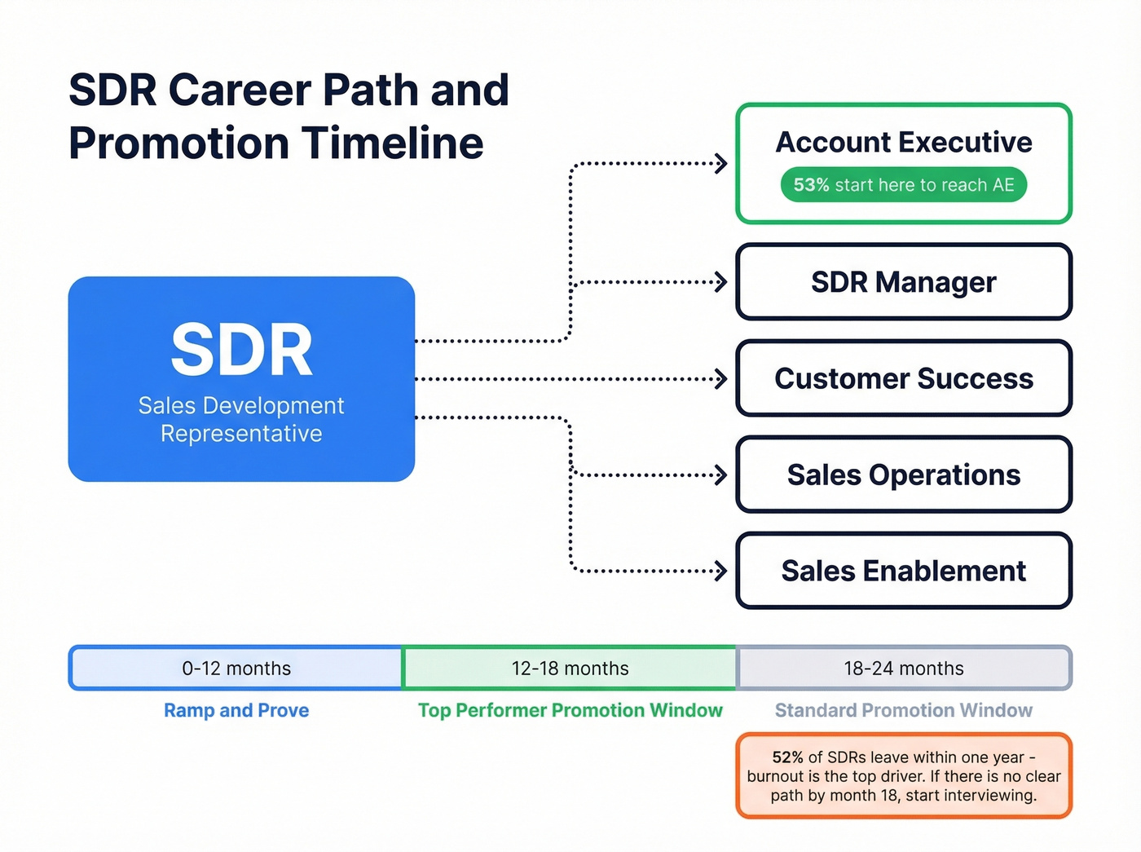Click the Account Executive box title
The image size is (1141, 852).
903,143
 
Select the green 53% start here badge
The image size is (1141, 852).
903,185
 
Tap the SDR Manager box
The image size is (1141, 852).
903,282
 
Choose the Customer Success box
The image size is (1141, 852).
903,378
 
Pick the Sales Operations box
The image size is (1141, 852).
903,475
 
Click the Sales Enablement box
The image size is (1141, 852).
903,571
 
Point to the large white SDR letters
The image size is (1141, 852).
241,351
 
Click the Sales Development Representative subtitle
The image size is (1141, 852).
241,419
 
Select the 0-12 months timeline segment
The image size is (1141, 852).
236,669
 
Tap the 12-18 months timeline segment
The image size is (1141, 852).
570,669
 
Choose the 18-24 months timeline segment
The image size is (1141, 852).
903,669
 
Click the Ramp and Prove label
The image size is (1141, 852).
236,710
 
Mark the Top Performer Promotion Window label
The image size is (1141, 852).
570,710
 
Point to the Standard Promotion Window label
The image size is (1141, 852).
903,710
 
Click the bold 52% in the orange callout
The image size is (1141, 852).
787,757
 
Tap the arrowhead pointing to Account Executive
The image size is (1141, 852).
720,164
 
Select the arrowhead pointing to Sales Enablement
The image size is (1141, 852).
720,571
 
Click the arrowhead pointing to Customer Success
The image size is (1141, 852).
720,379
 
